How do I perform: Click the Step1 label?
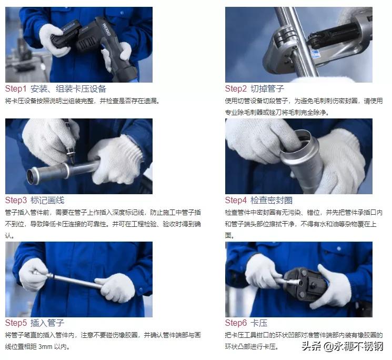pyautogui.click(x=16, y=88)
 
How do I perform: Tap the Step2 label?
pyautogui.click(x=236, y=88)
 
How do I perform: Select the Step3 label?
pyautogui.click(x=16, y=200)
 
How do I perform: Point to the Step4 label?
pyautogui.click(x=236, y=200)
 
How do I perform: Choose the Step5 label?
pyautogui.click(x=16, y=323)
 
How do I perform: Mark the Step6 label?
pyautogui.click(x=236, y=323)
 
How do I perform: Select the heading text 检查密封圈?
pyautogui.click(x=272, y=200)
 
